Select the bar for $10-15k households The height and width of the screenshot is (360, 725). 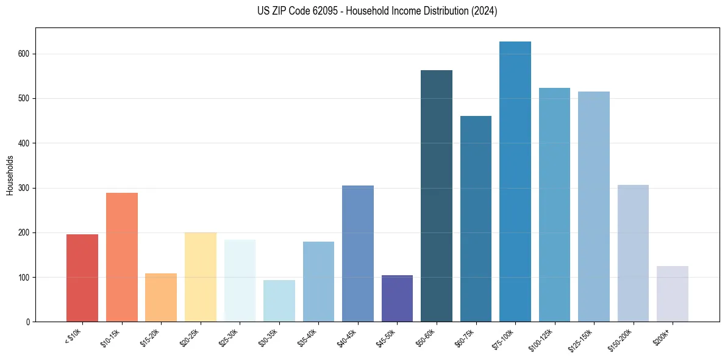click(122, 257)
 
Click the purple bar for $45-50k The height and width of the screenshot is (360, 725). click(397, 298)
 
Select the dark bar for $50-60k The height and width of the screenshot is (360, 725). click(437, 196)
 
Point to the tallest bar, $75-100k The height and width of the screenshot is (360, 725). click(515, 182)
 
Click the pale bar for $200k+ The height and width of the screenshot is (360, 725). click(673, 294)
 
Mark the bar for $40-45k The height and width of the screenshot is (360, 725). click(358, 254)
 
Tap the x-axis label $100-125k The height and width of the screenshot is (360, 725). click(543, 338)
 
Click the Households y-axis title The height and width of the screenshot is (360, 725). click(10, 175)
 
